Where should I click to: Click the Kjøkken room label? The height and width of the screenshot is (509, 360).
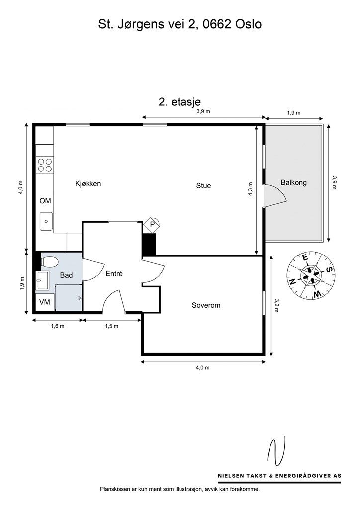[x=88, y=184]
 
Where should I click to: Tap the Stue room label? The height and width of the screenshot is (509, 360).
[x=203, y=186]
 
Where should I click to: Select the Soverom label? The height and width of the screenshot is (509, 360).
[x=206, y=305]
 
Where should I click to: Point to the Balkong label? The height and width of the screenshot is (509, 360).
[x=294, y=183]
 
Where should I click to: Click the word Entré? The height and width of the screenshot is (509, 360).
[x=114, y=274]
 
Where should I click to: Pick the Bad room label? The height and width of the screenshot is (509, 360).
[x=66, y=275]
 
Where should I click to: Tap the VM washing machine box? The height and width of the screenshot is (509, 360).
[x=45, y=302]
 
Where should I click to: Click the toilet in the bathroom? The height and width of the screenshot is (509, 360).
[x=49, y=262]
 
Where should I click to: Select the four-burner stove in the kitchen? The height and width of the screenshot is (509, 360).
[x=45, y=165]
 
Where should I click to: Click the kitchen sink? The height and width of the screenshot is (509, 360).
[x=46, y=221]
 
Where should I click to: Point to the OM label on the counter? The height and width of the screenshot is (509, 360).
[x=45, y=201]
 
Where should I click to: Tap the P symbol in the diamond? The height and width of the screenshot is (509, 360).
[x=152, y=224]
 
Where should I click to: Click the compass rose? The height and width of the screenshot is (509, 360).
[x=311, y=275]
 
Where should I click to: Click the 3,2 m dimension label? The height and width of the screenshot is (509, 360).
[x=276, y=306]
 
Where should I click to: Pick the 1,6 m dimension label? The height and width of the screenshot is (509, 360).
[x=58, y=326]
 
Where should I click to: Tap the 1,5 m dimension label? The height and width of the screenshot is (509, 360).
[x=111, y=326]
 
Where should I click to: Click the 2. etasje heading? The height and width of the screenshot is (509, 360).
[x=180, y=101]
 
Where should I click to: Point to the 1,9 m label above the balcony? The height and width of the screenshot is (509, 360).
[x=294, y=113]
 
